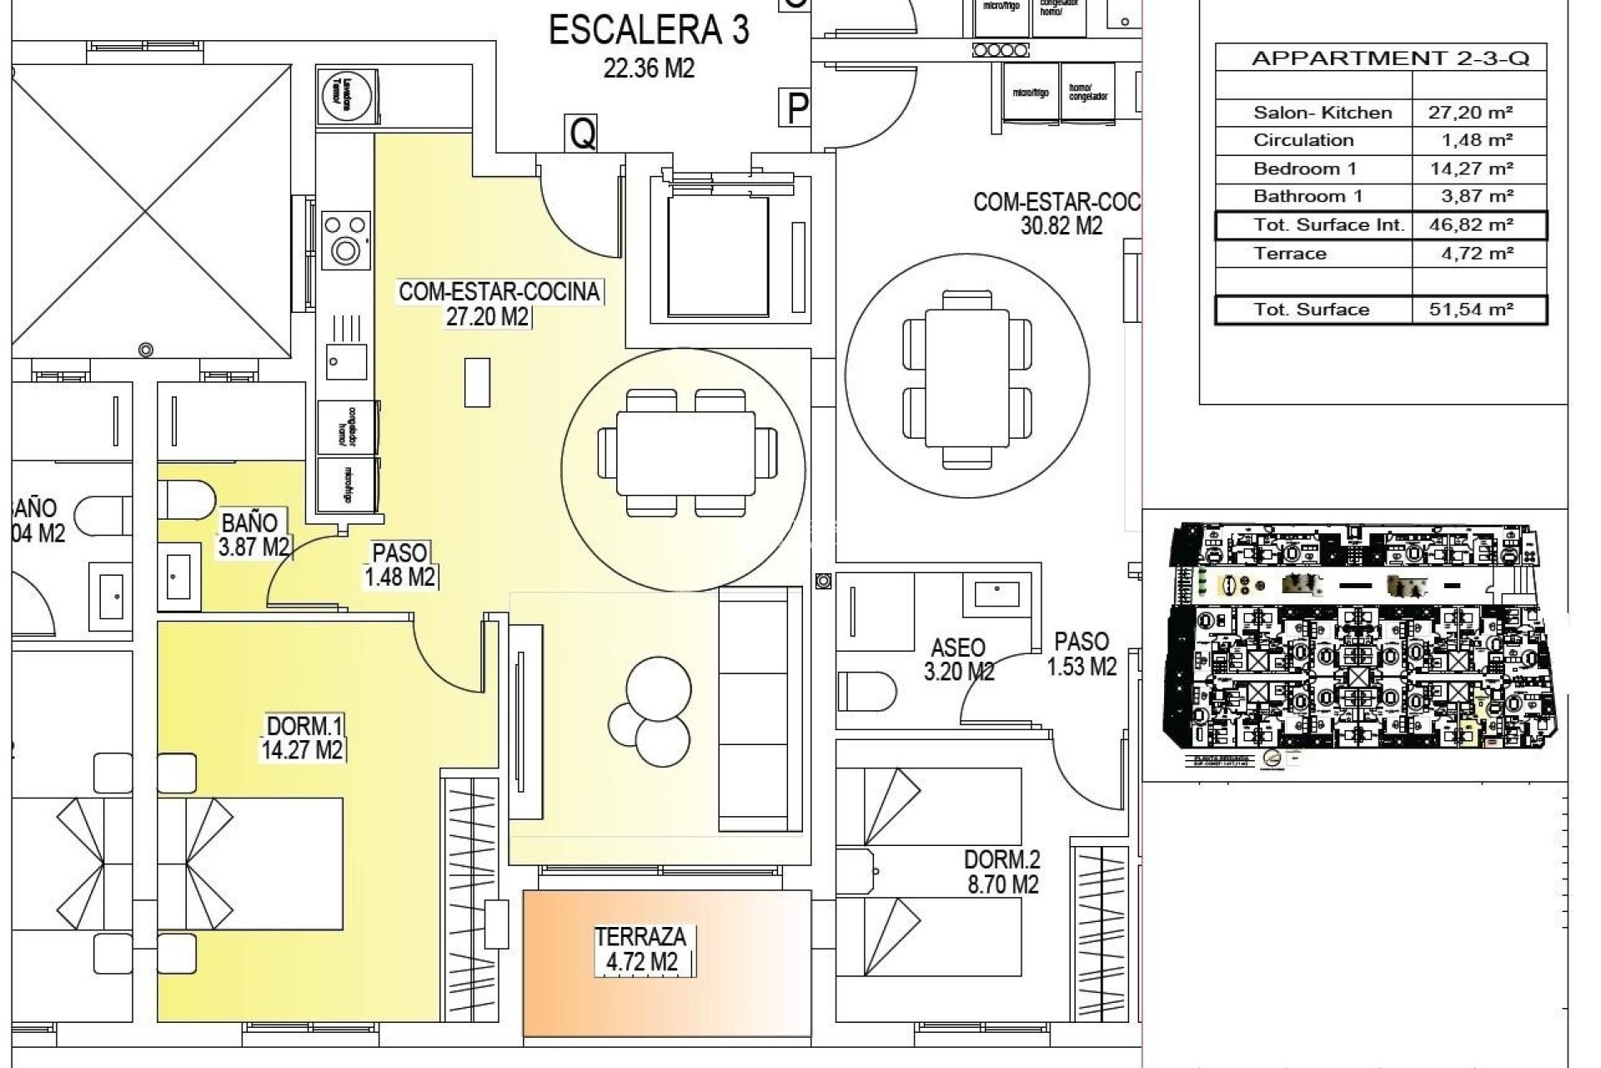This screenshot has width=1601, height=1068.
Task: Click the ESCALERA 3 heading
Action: [x=649, y=32]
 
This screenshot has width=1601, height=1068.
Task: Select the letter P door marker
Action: [x=798, y=108]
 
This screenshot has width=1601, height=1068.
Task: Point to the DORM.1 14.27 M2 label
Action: [x=302, y=738]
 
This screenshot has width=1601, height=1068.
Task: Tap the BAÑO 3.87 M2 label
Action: [x=253, y=535]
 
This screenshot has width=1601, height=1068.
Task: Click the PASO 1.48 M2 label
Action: [x=399, y=565]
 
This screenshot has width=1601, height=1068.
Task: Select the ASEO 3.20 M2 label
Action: [x=958, y=659]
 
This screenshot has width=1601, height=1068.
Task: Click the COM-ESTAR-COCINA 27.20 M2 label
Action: [x=499, y=304]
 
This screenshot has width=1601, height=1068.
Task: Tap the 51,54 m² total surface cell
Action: [x=1478, y=310]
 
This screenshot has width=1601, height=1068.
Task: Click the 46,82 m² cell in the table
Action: [x=1478, y=225]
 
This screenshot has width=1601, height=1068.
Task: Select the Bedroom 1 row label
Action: [x=1304, y=169]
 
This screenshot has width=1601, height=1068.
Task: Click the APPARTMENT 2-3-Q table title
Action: [x=1389, y=58]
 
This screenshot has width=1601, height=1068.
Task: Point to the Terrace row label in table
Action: [x=1289, y=254]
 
